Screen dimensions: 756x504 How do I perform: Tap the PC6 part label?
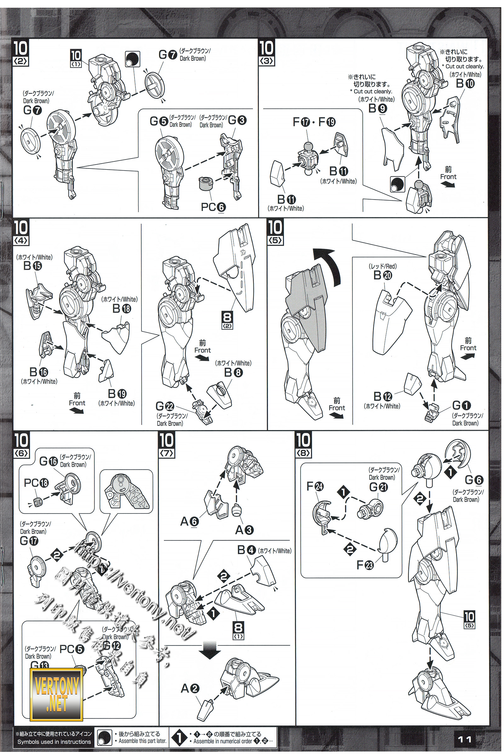(x=213, y=207)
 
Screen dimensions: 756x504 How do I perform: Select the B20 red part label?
(x=382, y=275)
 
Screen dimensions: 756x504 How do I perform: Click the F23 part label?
(x=365, y=565)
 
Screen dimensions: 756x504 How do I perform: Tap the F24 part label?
(x=315, y=487)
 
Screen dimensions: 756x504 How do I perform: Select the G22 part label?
(x=164, y=406)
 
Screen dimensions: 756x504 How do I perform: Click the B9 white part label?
(x=377, y=109)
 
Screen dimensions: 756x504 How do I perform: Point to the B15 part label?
(x=32, y=266)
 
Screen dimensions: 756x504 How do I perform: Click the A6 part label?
(x=189, y=521)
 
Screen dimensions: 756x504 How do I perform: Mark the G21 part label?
(x=378, y=487)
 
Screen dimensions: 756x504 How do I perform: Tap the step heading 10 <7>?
(x=167, y=445)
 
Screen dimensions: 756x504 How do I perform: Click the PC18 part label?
(x=36, y=483)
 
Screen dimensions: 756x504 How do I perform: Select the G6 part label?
(x=474, y=480)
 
